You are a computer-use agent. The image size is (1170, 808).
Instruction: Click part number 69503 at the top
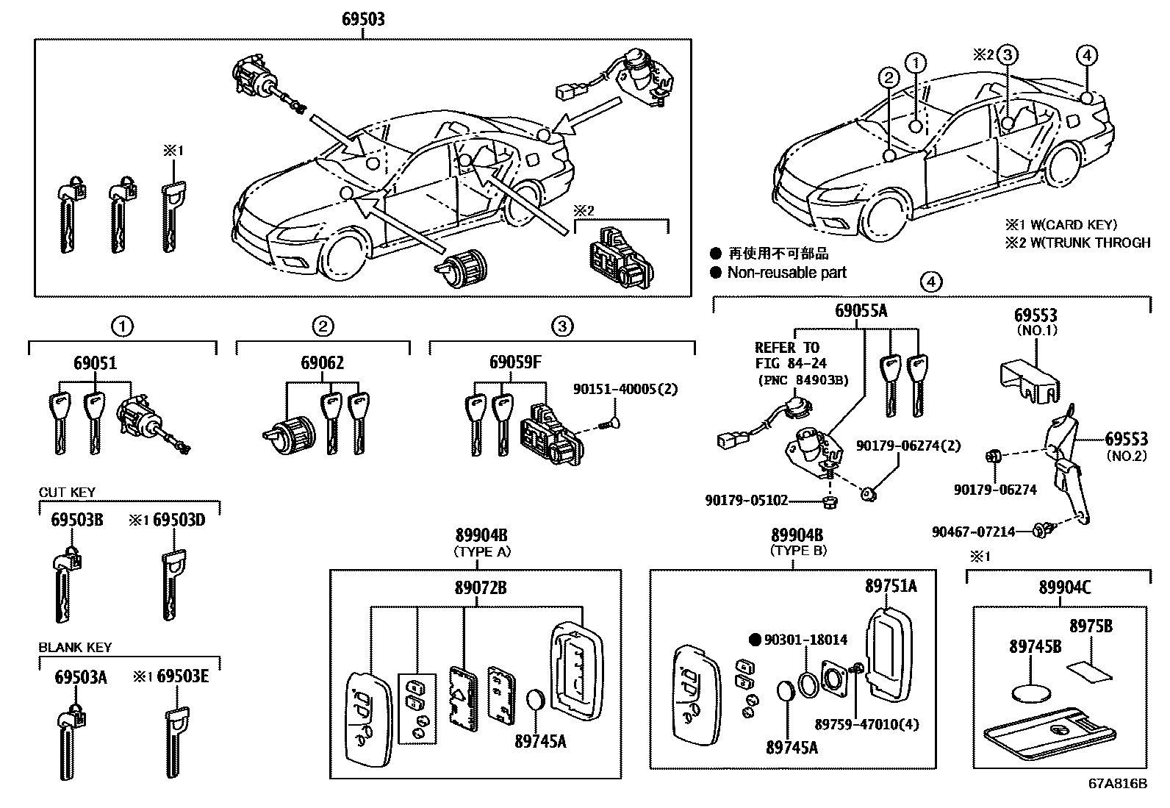363,18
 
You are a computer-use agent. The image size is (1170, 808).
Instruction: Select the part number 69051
95,363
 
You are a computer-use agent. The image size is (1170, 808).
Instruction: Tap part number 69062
322,363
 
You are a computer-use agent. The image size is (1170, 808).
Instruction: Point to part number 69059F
515,362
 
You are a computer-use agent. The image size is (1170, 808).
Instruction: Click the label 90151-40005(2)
625,389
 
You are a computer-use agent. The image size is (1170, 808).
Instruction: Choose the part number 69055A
861,311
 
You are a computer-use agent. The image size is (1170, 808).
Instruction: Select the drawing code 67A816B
1117,784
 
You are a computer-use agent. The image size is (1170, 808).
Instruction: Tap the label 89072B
480,587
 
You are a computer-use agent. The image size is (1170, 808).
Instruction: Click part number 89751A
891,586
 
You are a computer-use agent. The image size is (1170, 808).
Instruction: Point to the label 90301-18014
805,640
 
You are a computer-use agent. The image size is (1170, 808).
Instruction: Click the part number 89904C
1065,587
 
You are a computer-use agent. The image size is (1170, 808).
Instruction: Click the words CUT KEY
67,493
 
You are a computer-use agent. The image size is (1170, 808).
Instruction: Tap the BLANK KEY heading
75,648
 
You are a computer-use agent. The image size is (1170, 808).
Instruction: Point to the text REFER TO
787,348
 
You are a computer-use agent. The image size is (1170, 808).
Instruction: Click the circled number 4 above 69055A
930,282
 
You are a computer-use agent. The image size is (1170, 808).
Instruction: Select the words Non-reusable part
786,273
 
